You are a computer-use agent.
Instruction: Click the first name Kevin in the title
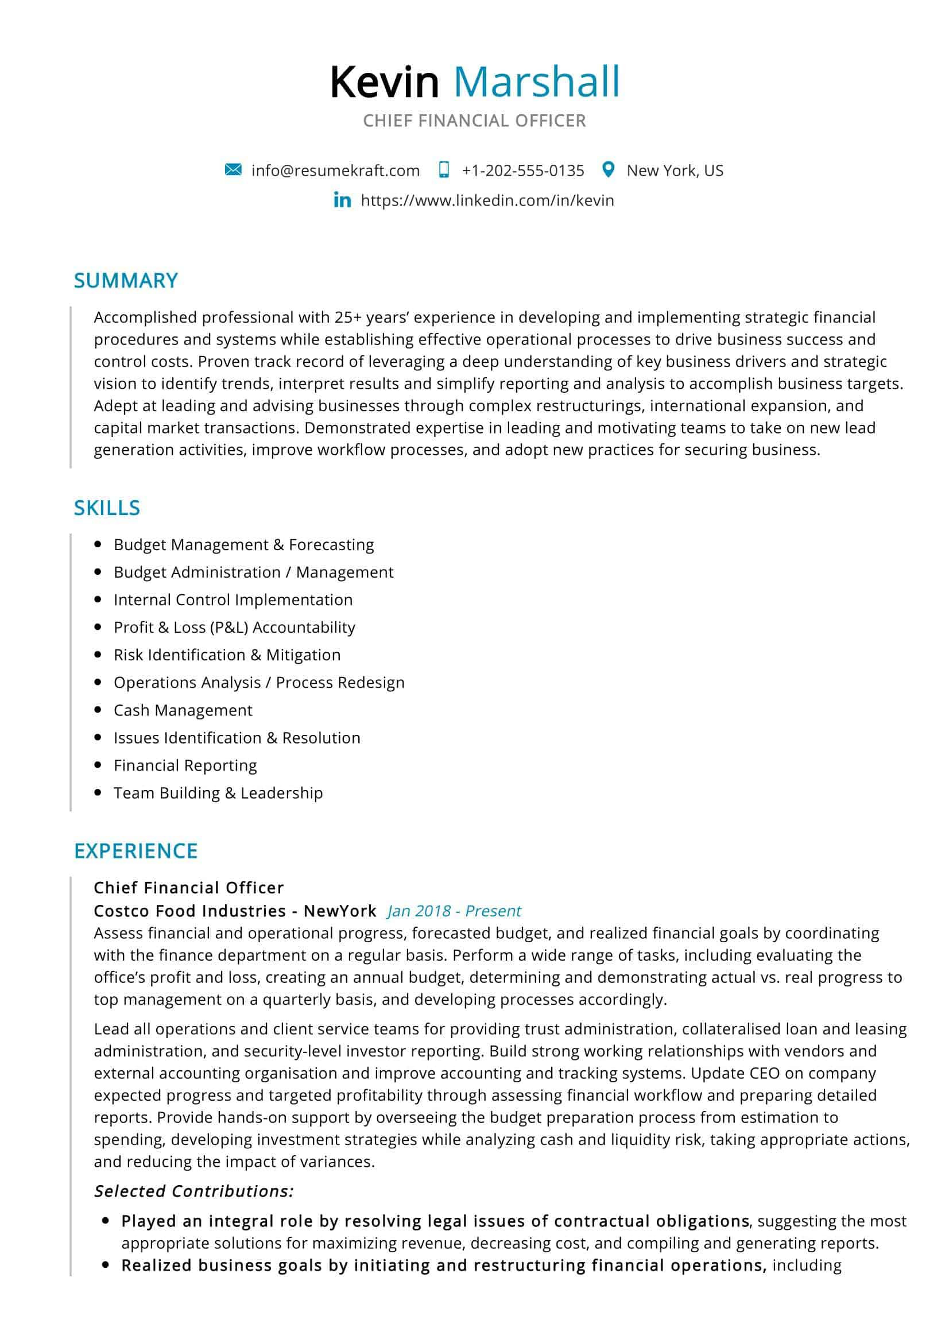click(384, 83)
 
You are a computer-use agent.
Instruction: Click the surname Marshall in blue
click(536, 83)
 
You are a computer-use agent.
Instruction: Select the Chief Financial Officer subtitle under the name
click(474, 121)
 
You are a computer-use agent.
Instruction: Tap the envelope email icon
click(233, 170)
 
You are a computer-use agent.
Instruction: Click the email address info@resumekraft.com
click(335, 171)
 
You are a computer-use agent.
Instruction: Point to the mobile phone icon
click(444, 170)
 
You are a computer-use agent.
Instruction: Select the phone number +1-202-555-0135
click(523, 171)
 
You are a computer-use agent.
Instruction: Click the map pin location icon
click(608, 169)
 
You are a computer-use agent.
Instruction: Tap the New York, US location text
click(675, 171)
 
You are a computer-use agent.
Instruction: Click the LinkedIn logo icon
click(342, 200)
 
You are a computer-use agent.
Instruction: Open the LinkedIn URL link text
click(487, 200)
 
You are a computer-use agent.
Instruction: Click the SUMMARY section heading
click(126, 281)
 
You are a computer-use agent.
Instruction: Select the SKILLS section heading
click(107, 508)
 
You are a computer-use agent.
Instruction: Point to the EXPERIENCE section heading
click(135, 851)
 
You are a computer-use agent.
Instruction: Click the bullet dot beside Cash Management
click(98, 710)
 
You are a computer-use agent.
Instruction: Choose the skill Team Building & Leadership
click(218, 792)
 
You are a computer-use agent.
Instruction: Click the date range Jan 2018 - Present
click(454, 911)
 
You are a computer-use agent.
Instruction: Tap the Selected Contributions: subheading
click(193, 1191)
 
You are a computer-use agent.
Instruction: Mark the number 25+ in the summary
click(348, 318)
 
